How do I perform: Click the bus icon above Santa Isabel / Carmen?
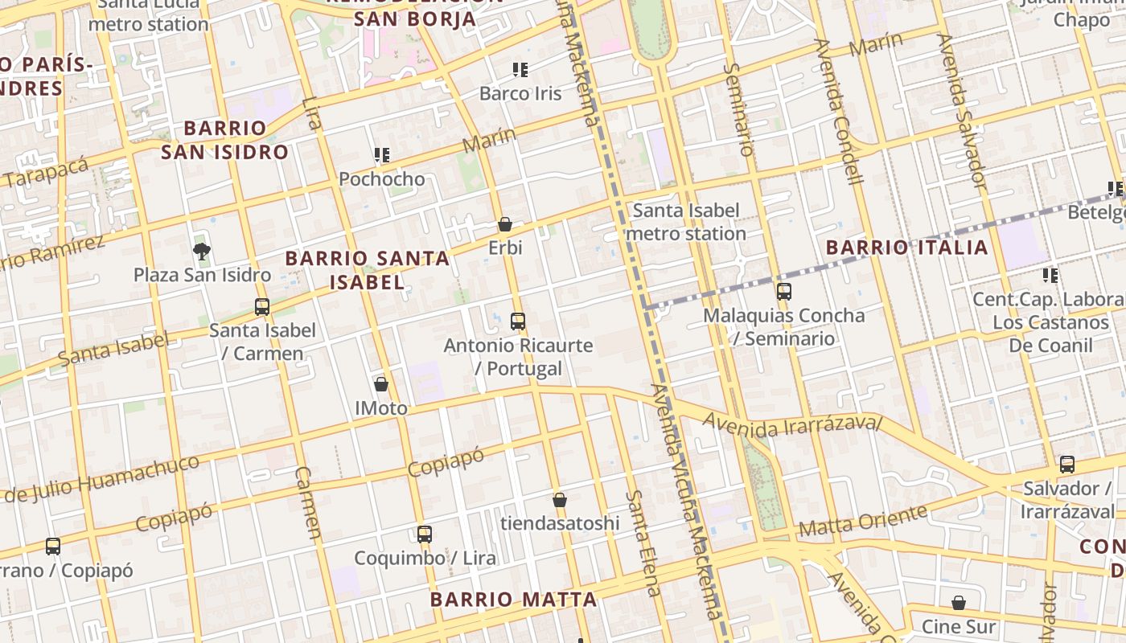261,306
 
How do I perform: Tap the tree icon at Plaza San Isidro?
202,252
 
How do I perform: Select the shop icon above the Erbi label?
505,224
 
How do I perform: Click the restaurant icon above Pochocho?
381,154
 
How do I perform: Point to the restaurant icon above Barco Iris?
520,70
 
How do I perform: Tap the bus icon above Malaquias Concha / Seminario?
784,292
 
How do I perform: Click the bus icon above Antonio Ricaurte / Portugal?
518,321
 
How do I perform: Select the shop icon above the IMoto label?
381,384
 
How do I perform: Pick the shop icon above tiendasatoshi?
560,500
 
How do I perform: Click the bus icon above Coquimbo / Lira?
425,534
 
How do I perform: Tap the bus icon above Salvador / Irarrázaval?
1067,464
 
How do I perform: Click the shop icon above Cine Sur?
959,603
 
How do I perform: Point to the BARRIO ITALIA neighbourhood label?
906,248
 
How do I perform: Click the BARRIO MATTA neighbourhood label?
513,600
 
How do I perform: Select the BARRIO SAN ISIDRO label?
224,140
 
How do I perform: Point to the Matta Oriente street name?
863,521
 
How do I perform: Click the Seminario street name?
738,109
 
